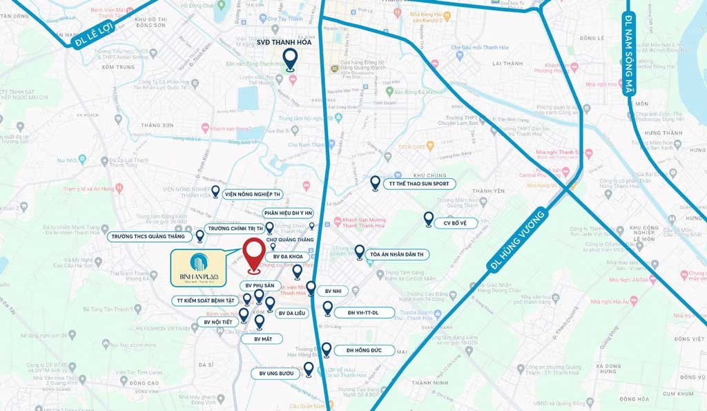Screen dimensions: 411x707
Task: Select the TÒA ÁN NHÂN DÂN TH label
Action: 399,255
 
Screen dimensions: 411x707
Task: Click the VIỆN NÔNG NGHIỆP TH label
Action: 252,194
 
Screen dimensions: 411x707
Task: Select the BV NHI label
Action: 332,291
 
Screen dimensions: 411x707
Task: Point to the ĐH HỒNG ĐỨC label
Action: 364,351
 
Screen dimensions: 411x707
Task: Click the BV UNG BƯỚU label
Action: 276,374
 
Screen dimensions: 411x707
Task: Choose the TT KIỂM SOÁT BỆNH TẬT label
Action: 205,300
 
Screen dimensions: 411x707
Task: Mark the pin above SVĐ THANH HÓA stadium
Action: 291,58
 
